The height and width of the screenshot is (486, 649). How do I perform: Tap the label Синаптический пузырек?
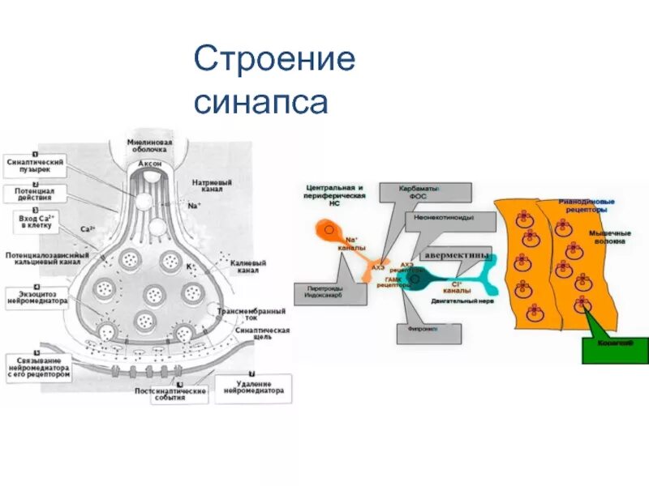pos(33,165)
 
